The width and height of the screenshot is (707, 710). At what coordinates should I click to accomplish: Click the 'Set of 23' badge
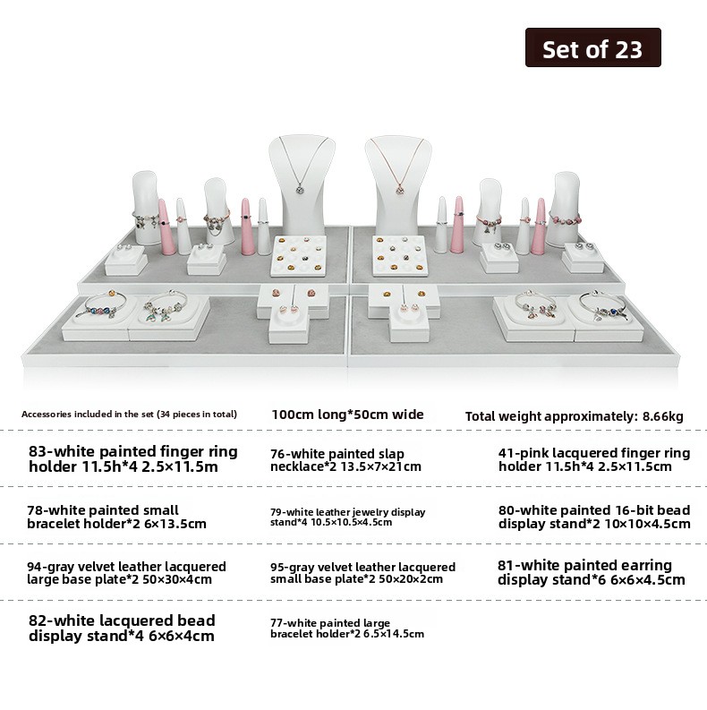tap(592, 48)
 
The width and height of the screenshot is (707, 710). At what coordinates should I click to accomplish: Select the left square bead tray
tap(299, 253)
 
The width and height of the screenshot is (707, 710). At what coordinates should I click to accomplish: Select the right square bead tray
tap(399, 253)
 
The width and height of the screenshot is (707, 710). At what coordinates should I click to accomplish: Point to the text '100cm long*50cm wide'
tap(347, 414)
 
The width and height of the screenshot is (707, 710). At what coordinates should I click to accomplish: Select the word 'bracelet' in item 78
tap(53, 524)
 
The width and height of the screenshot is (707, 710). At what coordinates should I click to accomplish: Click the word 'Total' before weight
tap(484, 415)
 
